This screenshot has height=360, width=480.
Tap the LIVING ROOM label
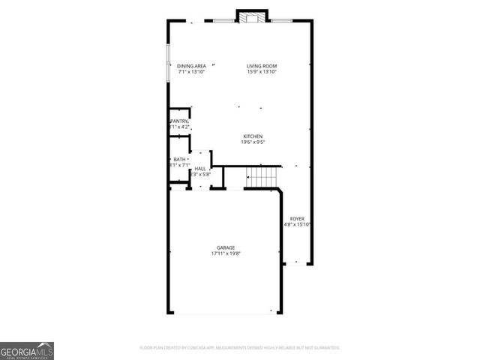262,66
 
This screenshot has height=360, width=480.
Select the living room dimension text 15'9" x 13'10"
262,72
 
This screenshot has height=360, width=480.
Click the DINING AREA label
191,66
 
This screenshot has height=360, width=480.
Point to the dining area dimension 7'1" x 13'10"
191,72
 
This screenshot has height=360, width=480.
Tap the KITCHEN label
252,136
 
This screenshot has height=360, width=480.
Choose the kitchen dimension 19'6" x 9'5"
252,142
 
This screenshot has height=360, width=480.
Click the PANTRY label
179,121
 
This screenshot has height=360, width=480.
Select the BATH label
179,159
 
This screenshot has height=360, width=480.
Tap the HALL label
200,169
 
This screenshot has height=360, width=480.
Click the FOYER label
298,218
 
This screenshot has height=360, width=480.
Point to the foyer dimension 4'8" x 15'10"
298,224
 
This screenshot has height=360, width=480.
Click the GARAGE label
226,247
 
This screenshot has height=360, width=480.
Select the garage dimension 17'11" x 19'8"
226,253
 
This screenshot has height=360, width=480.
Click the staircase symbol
262,178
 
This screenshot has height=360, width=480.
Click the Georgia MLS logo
27,350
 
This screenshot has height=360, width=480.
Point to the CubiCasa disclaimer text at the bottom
240,348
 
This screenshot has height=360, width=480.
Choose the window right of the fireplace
282,20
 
